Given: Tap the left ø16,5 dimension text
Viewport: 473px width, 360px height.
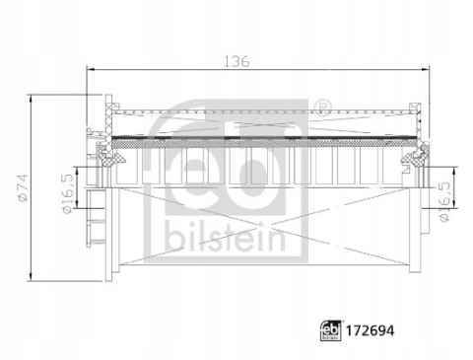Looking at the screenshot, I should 66,181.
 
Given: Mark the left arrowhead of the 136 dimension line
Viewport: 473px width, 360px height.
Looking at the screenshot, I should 91,70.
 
